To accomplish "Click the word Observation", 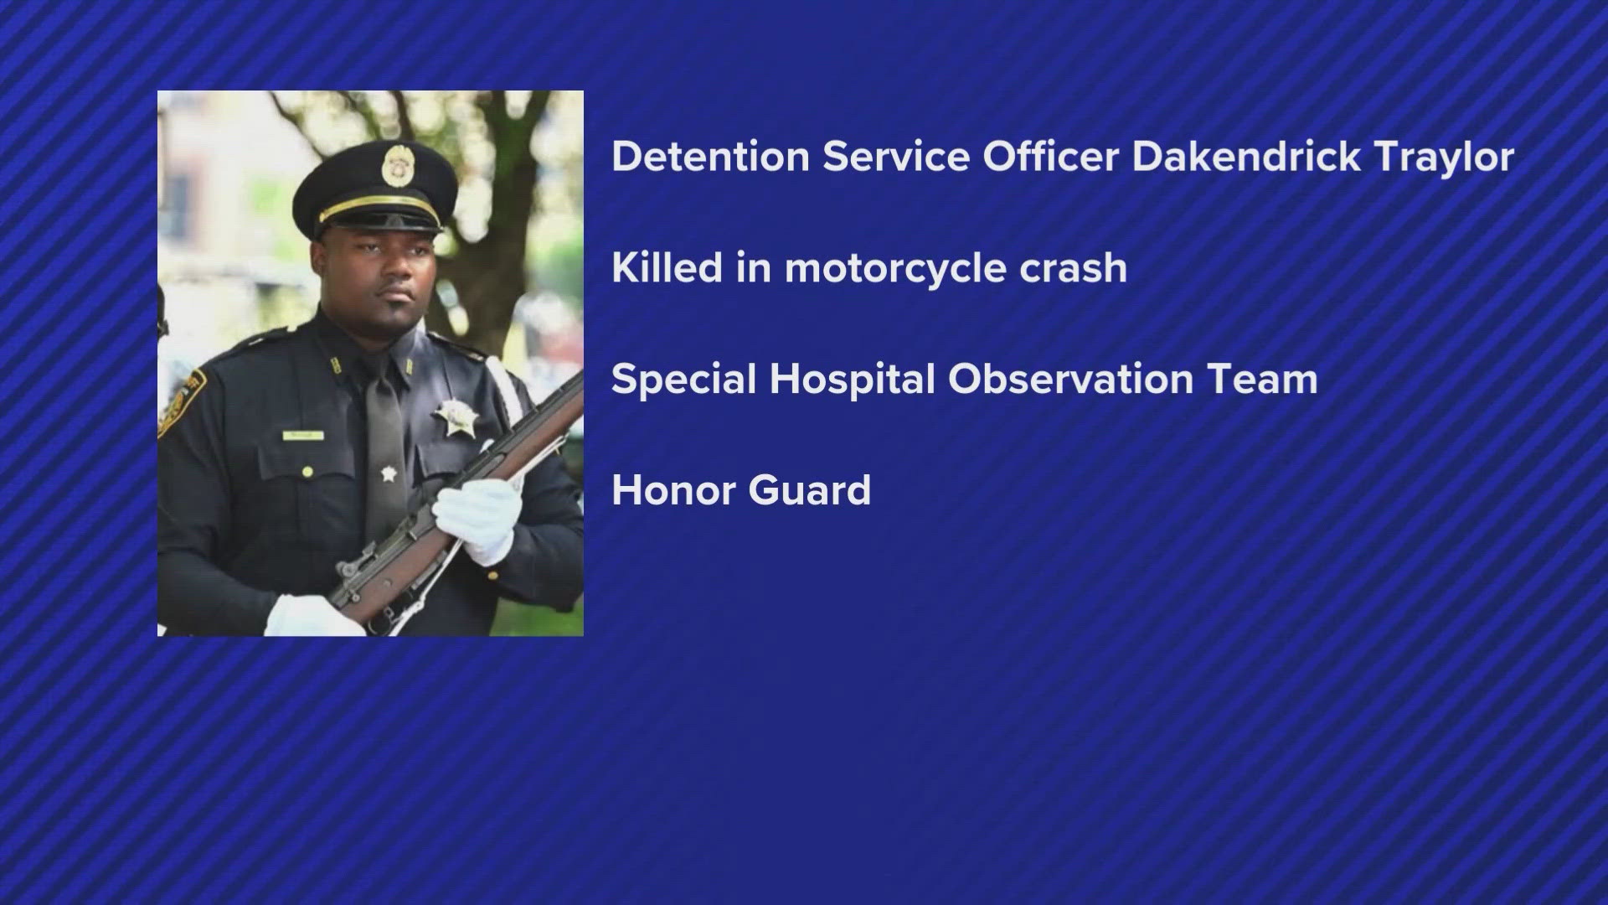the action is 1076,379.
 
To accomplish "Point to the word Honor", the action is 673,490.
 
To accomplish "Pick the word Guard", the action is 810,490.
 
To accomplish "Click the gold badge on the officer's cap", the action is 393,164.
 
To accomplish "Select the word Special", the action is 683,380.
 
